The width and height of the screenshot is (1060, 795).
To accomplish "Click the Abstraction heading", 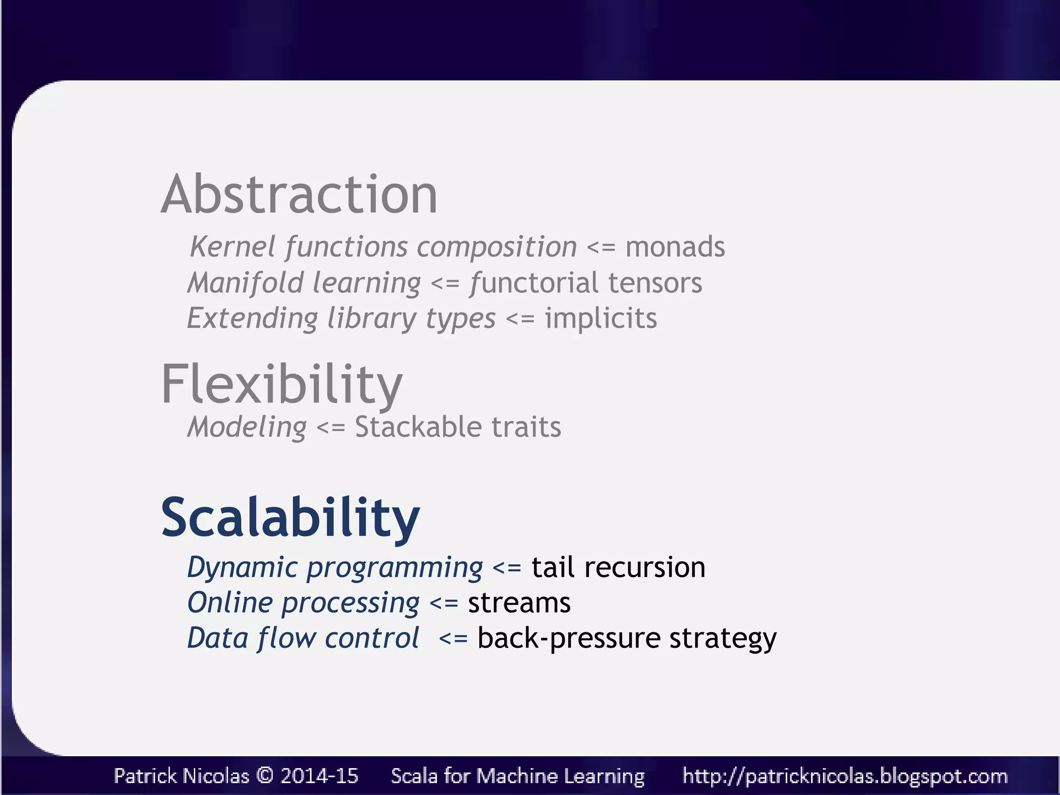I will [x=299, y=195].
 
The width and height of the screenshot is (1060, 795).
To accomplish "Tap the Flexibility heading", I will [x=282, y=384].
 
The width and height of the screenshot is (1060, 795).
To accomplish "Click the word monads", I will [x=675, y=247].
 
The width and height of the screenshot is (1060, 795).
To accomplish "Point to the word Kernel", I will [x=232, y=247].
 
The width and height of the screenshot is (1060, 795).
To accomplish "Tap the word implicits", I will [x=600, y=318].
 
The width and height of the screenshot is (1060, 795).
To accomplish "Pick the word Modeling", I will [x=247, y=428].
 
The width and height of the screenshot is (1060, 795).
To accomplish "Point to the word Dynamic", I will [x=242, y=568].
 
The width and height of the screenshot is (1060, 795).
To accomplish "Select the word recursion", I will [x=644, y=568].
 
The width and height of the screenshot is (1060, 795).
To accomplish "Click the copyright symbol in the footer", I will [x=264, y=776].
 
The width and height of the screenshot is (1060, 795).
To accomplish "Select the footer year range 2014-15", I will [x=319, y=776].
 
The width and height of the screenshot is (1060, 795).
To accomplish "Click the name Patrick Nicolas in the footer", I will [x=181, y=776].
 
